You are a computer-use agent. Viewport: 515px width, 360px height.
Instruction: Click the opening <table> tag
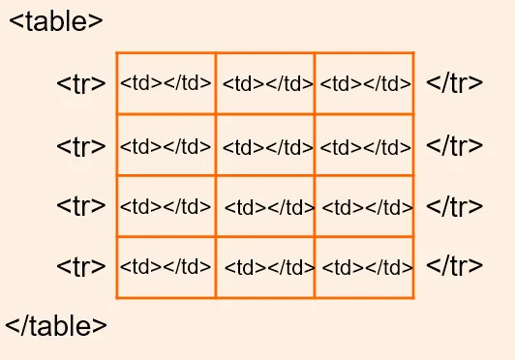click(56, 21)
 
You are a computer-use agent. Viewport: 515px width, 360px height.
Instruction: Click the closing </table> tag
click(56, 326)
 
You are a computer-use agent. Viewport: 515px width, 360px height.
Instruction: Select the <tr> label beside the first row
click(81, 83)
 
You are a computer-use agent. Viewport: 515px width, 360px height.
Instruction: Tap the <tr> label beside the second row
click(81, 147)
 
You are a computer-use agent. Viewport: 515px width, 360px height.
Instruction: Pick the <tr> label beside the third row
click(81, 206)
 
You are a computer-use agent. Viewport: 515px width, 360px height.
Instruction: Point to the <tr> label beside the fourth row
click(81, 266)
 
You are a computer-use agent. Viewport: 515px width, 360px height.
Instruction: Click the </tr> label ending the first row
click(454, 82)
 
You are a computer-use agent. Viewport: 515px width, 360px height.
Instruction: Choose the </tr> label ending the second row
click(454, 146)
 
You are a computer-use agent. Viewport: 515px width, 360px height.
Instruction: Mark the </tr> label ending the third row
click(454, 205)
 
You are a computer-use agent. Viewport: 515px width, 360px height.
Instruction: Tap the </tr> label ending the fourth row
click(454, 265)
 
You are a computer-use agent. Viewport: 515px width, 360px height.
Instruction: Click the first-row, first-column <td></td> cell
click(166, 83)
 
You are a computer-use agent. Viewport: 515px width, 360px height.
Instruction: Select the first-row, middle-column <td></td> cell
click(267, 84)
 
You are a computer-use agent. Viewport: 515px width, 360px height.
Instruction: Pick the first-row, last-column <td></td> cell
click(365, 84)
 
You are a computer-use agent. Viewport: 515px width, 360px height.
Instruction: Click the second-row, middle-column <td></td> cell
click(267, 148)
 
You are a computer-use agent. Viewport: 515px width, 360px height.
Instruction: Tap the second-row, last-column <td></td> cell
click(365, 148)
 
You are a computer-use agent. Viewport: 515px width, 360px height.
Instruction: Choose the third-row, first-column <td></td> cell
click(166, 206)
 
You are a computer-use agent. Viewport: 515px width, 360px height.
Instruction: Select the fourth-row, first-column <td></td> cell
click(166, 266)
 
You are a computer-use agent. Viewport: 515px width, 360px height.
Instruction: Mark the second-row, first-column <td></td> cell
click(166, 147)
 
